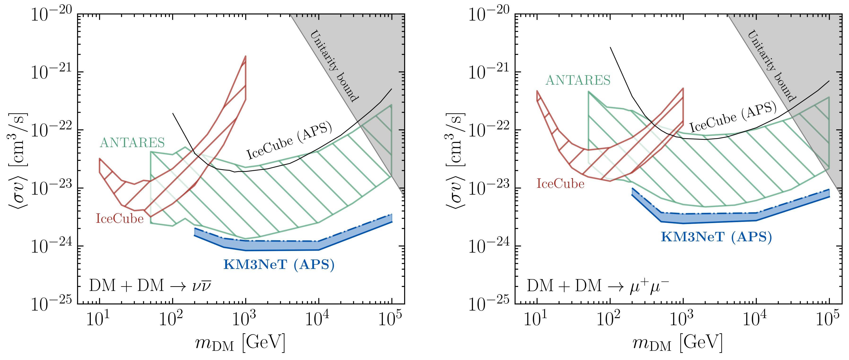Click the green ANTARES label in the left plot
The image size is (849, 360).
click(x=132, y=143)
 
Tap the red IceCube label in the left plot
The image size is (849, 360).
click(x=120, y=219)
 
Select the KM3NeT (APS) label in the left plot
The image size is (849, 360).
click(x=279, y=264)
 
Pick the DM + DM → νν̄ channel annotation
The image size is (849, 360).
click(x=150, y=285)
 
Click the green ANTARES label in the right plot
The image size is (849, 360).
click(x=578, y=80)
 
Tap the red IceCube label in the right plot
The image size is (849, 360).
click(x=560, y=184)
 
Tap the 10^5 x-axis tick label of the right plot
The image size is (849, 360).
click(x=827, y=318)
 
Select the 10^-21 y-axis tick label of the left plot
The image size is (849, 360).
click(x=51, y=71)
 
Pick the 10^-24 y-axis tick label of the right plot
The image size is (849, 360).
click(x=489, y=245)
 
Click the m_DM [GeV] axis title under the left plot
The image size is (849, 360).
click(x=240, y=343)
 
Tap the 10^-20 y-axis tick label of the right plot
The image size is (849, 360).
click(x=489, y=14)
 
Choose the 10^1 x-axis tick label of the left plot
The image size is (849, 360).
click(x=98, y=318)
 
